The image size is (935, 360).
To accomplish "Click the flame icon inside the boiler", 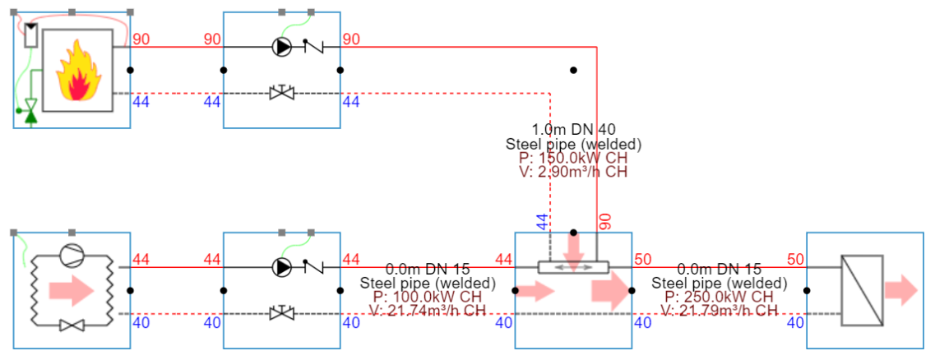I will pos(76,73).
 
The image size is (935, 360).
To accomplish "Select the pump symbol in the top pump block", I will pos(282,48).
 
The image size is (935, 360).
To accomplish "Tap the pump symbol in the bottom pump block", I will pos(282,267).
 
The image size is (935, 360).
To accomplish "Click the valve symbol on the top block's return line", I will pos(282,93).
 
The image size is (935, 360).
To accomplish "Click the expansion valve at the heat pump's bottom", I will pos(72,326).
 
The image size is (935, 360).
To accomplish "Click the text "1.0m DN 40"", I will pos(573,129).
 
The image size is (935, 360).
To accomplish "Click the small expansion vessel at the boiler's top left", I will pos(31,35).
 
